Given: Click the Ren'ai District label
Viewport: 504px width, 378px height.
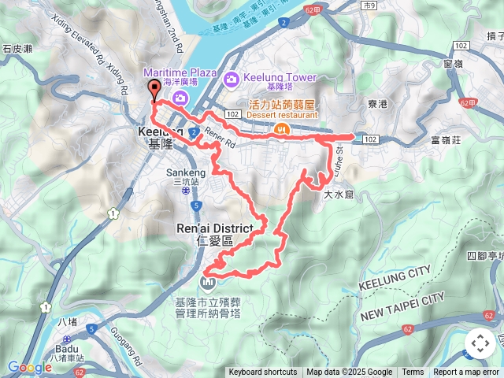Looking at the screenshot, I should pyautogui.click(x=215, y=228).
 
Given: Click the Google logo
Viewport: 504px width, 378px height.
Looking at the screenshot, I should pyautogui.click(x=29, y=367).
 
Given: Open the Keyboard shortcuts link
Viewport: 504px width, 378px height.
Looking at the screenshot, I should pyautogui.click(x=262, y=372).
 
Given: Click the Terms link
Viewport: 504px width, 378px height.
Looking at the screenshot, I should pyautogui.click(x=413, y=372).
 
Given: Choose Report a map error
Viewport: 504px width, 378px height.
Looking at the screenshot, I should pyautogui.click(x=466, y=372).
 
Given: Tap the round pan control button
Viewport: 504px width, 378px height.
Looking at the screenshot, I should pyautogui.click(x=480, y=343).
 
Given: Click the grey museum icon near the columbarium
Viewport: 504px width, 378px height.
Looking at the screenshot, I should pyautogui.click(x=209, y=281).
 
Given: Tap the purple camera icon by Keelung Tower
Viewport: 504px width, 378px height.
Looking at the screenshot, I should pyautogui.click(x=232, y=79).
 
